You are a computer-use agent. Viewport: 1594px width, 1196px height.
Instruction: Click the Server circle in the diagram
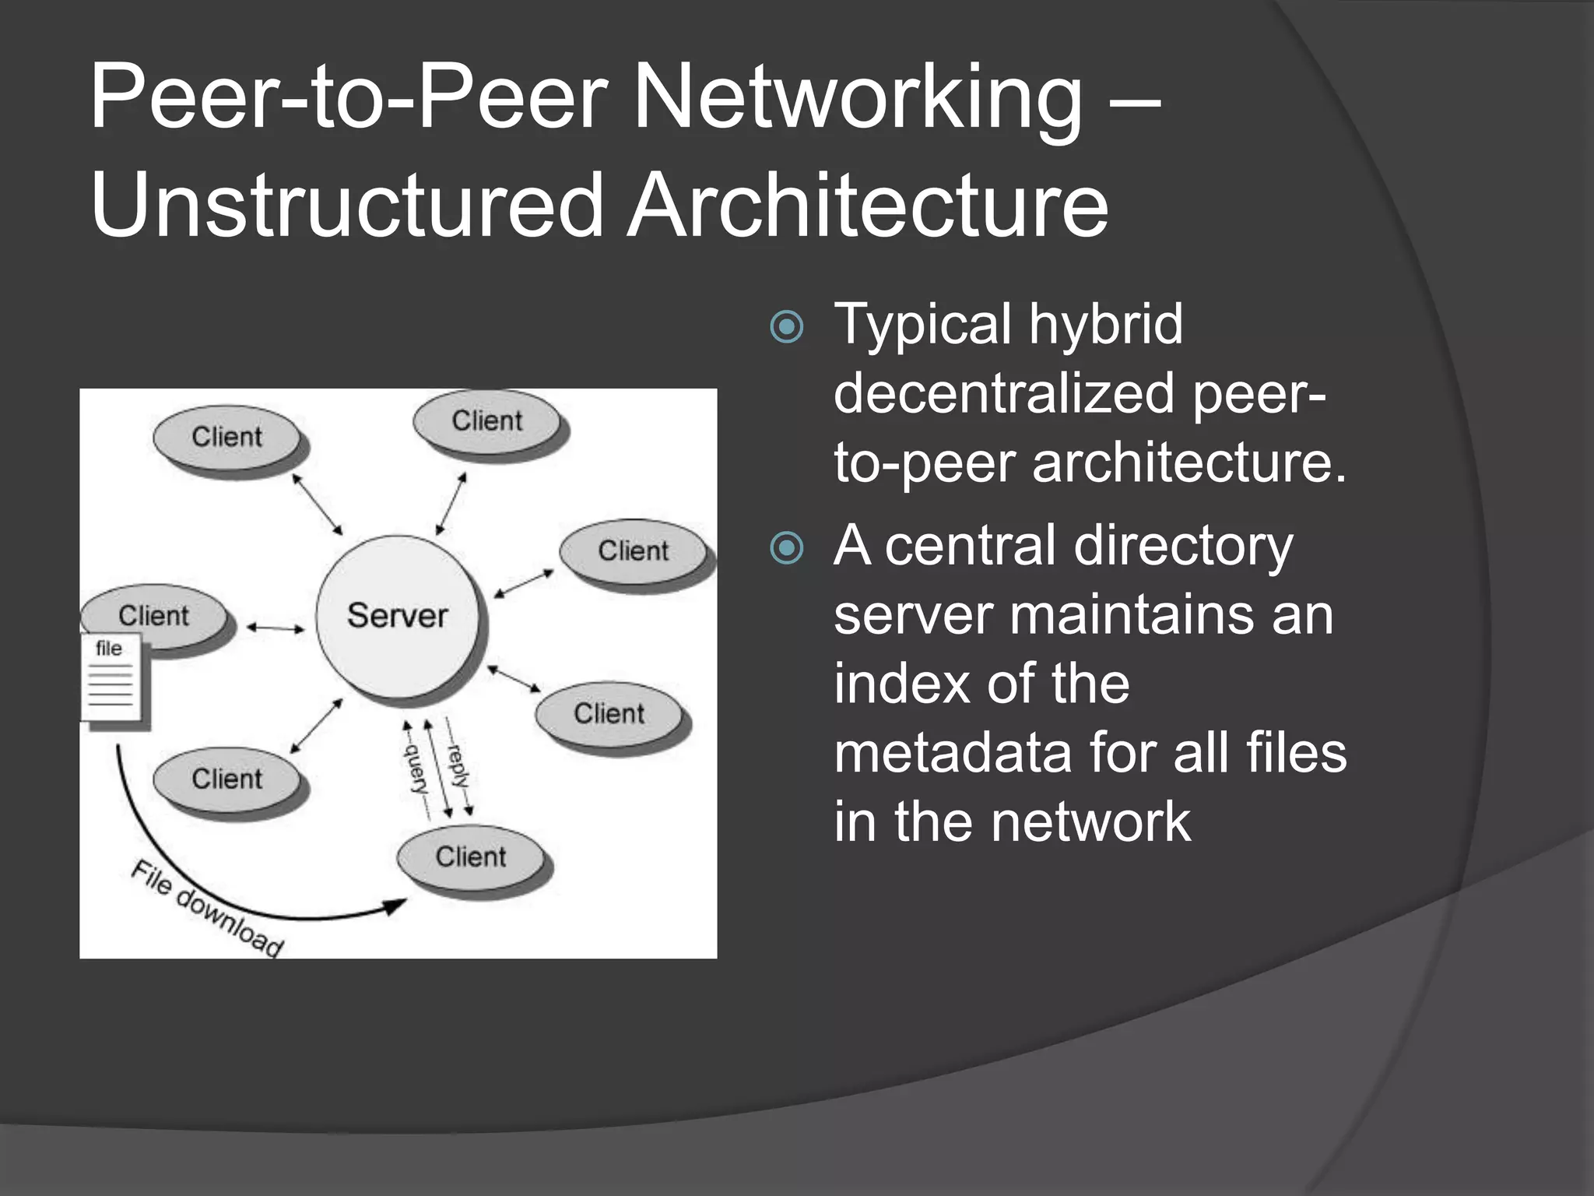point(398,616)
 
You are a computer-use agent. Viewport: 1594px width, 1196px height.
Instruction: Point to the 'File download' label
point(206,908)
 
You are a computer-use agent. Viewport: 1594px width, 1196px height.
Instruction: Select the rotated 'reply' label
point(458,767)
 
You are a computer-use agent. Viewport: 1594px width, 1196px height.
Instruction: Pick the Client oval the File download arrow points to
point(471,857)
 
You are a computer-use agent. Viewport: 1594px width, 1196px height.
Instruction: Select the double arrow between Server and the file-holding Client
point(276,628)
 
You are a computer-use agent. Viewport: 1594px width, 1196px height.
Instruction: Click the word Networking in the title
point(857,99)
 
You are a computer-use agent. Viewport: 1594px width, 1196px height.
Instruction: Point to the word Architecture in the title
point(867,205)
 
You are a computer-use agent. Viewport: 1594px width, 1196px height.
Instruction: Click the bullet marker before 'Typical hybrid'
point(786,327)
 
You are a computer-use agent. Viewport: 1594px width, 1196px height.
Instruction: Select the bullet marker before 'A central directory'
point(786,548)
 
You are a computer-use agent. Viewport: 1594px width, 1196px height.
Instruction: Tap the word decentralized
point(1004,393)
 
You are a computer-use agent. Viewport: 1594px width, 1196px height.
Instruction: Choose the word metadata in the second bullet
point(952,753)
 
